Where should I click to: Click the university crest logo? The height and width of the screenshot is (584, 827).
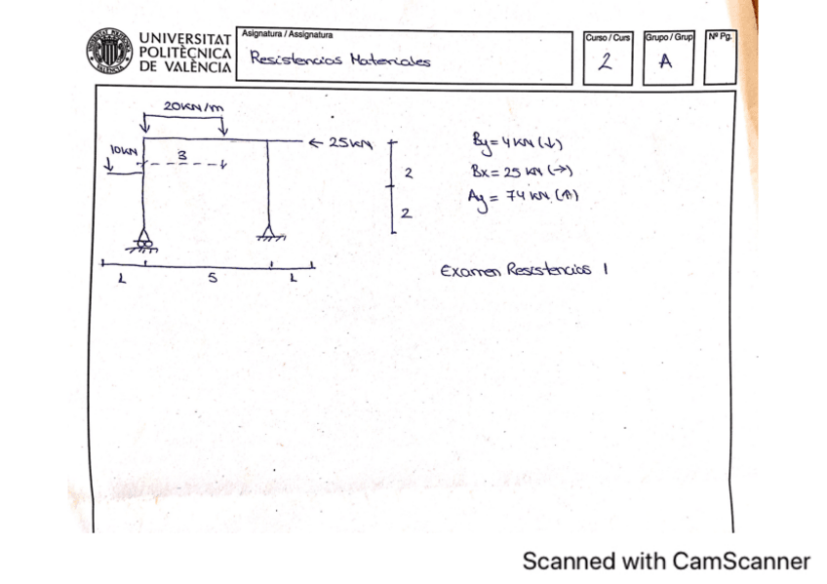coord(109,51)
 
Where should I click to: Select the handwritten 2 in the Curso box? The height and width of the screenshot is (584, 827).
coord(606,62)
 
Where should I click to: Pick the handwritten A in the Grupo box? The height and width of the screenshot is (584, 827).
coord(666,62)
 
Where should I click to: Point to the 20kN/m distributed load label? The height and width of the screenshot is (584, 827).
coord(193,106)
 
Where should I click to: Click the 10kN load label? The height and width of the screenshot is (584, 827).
coord(122,151)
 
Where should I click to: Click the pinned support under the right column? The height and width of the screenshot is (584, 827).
coord(270,235)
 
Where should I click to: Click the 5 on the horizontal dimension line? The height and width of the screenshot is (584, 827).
coord(211,279)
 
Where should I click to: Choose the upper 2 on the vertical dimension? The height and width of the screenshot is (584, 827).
coord(408,175)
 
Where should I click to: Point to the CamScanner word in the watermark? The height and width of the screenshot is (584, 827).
coord(741,561)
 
